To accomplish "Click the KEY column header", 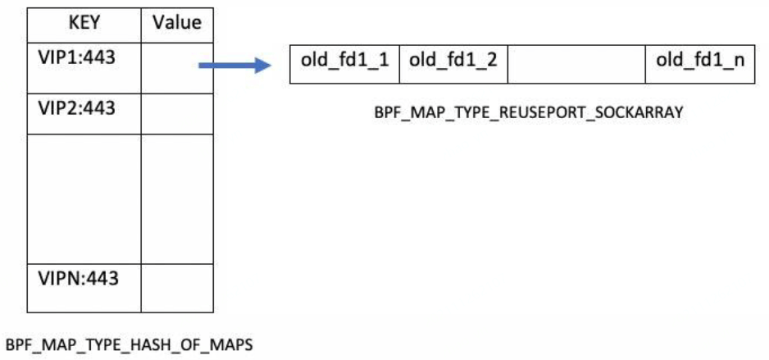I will tap(84, 23).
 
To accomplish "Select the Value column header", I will tap(177, 23).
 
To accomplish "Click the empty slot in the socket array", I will tap(576, 63).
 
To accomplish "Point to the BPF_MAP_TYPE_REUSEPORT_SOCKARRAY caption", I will tap(528, 114).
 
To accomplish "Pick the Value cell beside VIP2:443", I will tap(177, 113).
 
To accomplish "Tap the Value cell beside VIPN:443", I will tap(177, 286).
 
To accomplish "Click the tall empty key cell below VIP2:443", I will tap(84, 198).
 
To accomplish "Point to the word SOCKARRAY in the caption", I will tap(643, 114).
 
